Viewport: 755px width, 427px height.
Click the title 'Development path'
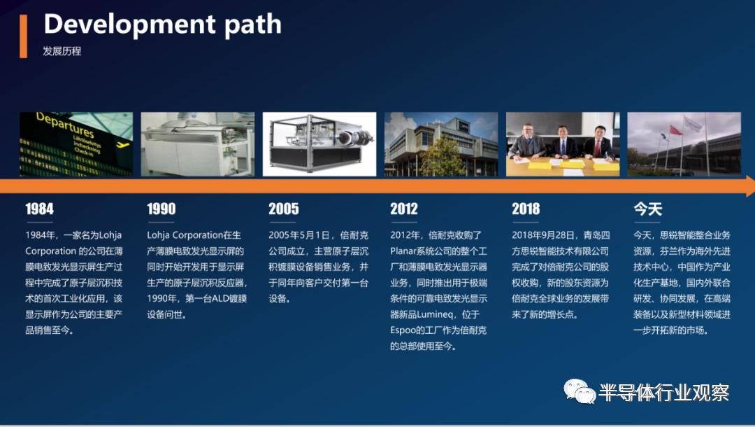[x=162, y=24]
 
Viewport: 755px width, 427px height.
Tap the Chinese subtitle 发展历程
[x=62, y=51]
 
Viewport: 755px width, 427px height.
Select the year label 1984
[x=39, y=209]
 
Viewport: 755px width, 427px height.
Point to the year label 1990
[x=161, y=209]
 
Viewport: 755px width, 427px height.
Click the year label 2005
[x=284, y=209]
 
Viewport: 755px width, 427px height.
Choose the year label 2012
[x=404, y=209]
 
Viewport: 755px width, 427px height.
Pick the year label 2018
[x=526, y=209]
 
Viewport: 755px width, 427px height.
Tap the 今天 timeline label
[x=647, y=209]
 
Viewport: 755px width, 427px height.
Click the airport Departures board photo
[x=76, y=144]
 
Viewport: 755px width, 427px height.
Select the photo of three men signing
[x=563, y=144]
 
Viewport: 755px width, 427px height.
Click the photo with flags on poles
[x=684, y=144]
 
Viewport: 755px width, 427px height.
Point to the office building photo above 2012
[x=441, y=144]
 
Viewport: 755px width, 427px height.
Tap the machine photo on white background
[x=319, y=144]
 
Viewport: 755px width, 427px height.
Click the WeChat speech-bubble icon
[x=580, y=391]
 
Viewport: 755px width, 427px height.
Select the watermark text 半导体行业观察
[x=664, y=393]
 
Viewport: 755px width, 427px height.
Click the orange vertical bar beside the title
[x=23, y=36]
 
